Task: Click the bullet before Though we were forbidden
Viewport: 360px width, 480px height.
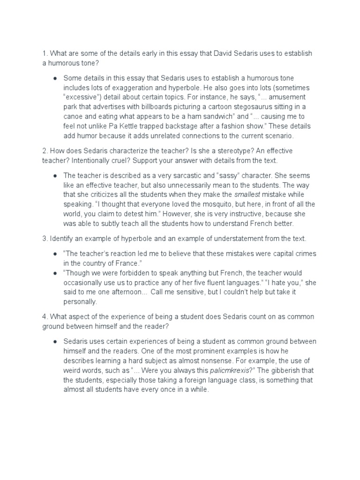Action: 55,273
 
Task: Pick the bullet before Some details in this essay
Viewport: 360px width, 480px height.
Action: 55,78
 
